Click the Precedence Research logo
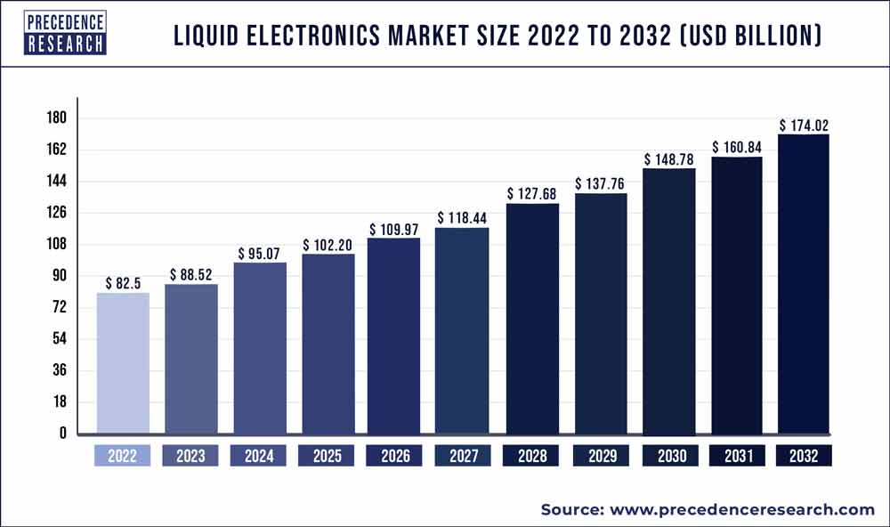click(65, 33)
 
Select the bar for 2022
click(123, 363)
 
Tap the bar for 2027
click(462, 331)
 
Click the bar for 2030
click(668, 301)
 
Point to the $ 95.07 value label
click(259, 254)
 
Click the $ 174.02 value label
click(804, 126)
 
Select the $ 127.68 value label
click(532, 194)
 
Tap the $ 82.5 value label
click(123, 284)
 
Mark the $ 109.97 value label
click(394, 229)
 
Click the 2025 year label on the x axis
click(327, 457)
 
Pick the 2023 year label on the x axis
click(190, 457)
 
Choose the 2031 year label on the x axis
click(736, 457)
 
